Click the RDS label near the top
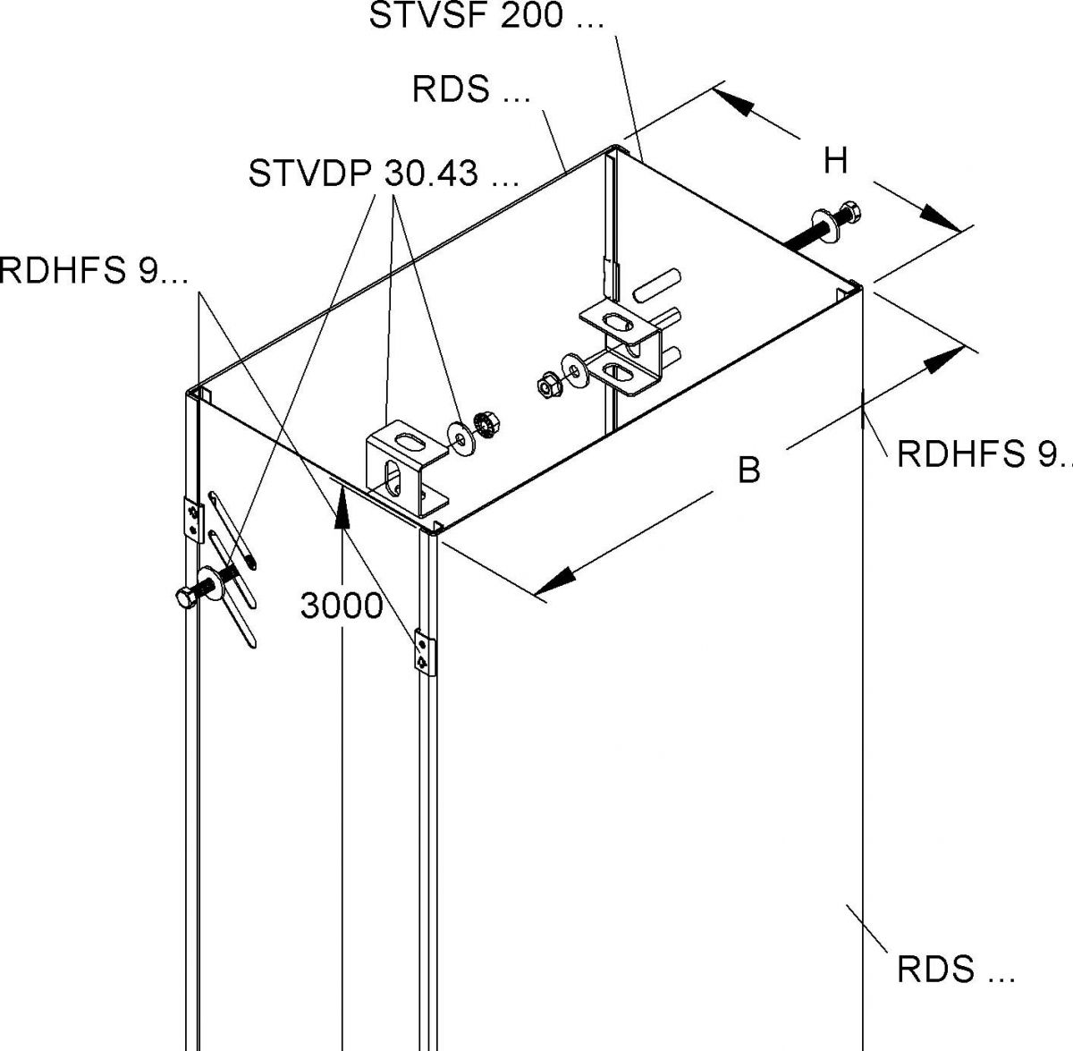click(x=471, y=89)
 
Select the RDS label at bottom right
click(x=955, y=970)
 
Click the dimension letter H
click(x=835, y=161)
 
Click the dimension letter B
click(x=749, y=469)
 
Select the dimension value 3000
click(x=342, y=606)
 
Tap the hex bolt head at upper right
click(x=850, y=214)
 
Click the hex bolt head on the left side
click(x=185, y=598)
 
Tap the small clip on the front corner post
click(x=422, y=651)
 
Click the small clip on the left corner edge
click(x=191, y=520)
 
